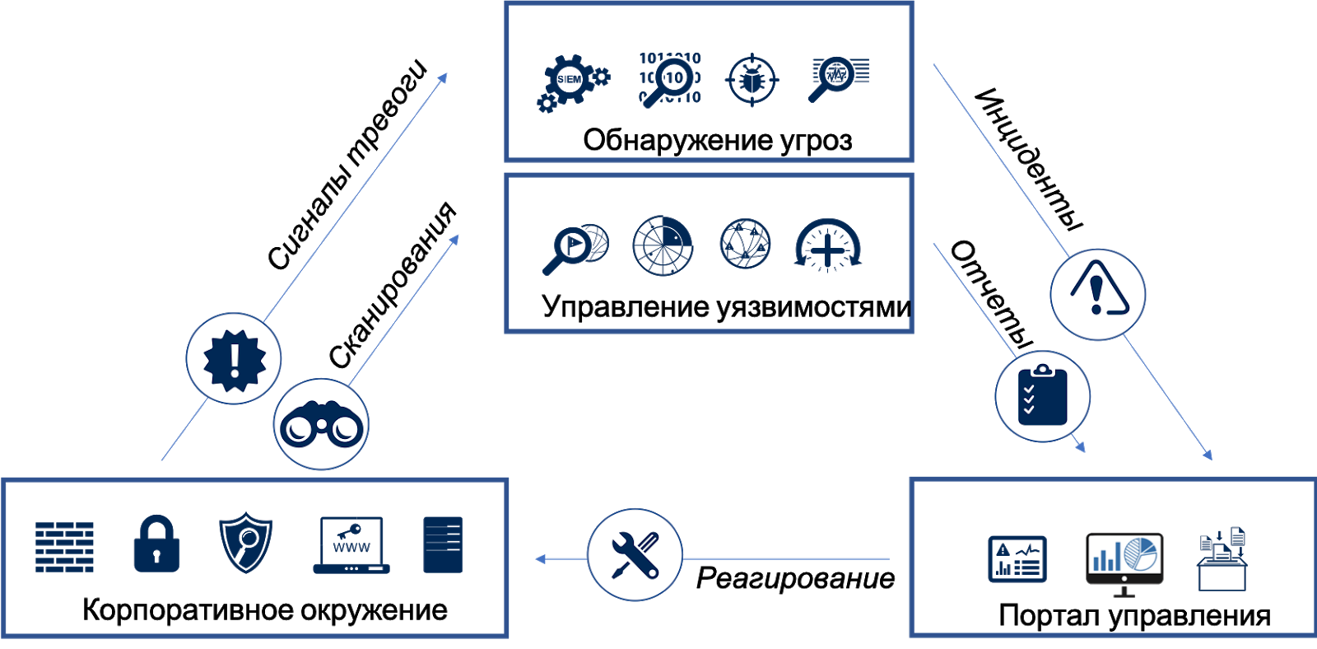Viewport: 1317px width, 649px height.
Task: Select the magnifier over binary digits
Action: point(670,79)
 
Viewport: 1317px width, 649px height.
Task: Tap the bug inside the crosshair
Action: point(752,80)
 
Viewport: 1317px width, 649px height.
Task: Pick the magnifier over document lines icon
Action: point(838,77)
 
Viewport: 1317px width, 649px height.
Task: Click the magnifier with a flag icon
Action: point(575,246)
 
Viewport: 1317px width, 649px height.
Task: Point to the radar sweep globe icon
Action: point(663,245)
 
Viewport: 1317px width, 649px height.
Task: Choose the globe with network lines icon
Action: point(745,244)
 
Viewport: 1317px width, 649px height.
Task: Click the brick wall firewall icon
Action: point(64,546)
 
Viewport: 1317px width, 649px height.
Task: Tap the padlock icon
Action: point(156,544)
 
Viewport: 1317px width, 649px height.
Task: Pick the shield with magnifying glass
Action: point(246,543)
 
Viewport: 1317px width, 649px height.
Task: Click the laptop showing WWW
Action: point(351,545)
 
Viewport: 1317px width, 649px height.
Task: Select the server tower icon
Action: point(443,544)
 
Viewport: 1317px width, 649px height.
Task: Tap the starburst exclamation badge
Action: point(234,358)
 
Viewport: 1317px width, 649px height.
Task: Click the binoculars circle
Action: point(321,424)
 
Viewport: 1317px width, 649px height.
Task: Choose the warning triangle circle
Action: point(1098,294)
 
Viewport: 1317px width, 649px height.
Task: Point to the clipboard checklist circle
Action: point(1042,396)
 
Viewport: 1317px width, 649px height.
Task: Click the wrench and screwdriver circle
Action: point(635,554)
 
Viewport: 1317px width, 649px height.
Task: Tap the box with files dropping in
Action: point(1222,559)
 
